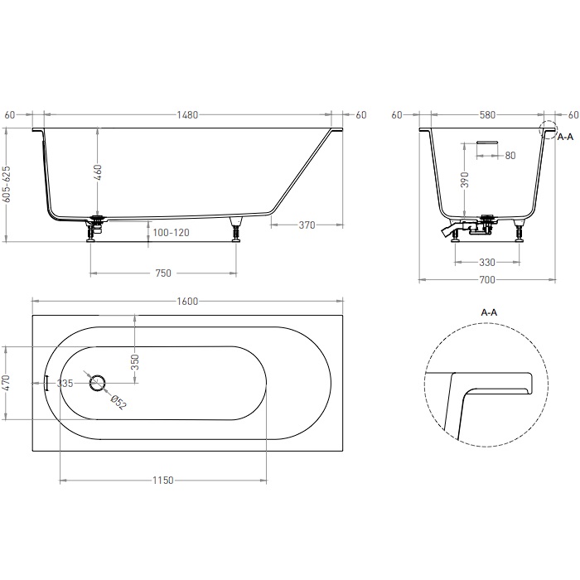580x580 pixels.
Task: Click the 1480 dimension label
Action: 188,114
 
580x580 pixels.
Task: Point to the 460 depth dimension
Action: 97,173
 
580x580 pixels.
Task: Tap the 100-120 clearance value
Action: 172,233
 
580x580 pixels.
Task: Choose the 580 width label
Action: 486,114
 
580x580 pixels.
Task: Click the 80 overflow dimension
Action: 510,156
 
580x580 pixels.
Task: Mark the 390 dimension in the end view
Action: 465,180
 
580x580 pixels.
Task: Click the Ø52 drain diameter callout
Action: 118,401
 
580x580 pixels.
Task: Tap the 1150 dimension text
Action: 163,481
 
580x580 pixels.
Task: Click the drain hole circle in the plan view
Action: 98,382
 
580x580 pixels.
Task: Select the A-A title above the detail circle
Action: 489,312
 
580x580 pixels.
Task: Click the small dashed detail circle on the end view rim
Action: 546,128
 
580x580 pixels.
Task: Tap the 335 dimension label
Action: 66,383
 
